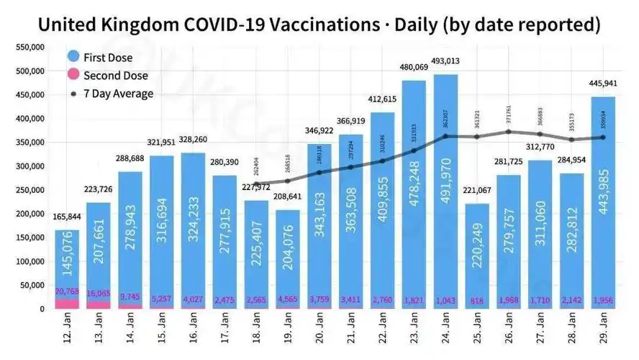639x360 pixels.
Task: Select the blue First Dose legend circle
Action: (73, 57)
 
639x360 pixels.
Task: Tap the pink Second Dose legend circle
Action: (73, 75)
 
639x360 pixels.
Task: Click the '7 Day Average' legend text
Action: (118, 94)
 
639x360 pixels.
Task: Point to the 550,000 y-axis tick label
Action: (30, 48)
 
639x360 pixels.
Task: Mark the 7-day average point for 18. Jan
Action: (255, 184)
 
